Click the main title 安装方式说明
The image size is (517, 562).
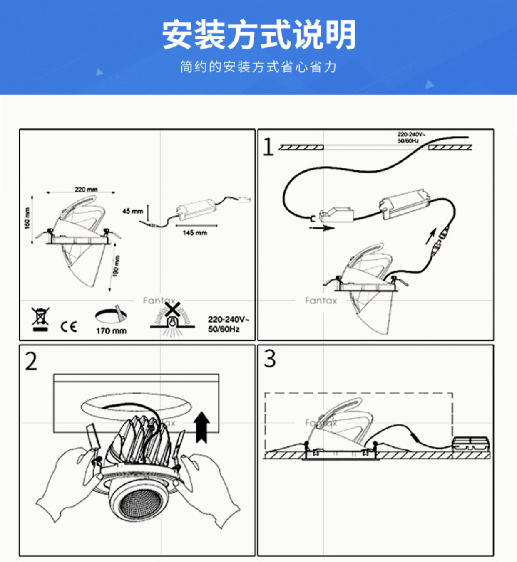[258, 35]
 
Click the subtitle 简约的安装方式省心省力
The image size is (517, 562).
[258, 67]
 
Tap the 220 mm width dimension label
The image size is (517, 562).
[86, 190]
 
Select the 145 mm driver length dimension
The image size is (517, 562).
[195, 233]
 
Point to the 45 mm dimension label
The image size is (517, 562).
[132, 211]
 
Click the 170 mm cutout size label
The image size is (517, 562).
[111, 331]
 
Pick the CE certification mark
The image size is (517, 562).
[69, 327]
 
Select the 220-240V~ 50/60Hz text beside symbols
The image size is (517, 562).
[228, 324]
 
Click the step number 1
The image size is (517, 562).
[268, 147]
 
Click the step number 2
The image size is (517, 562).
[31, 361]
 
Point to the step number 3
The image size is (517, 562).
[270, 358]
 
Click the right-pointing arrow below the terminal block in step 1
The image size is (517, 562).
[322, 228]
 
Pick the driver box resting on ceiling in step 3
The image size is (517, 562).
[470, 444]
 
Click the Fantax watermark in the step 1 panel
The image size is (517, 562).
[321, 301]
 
